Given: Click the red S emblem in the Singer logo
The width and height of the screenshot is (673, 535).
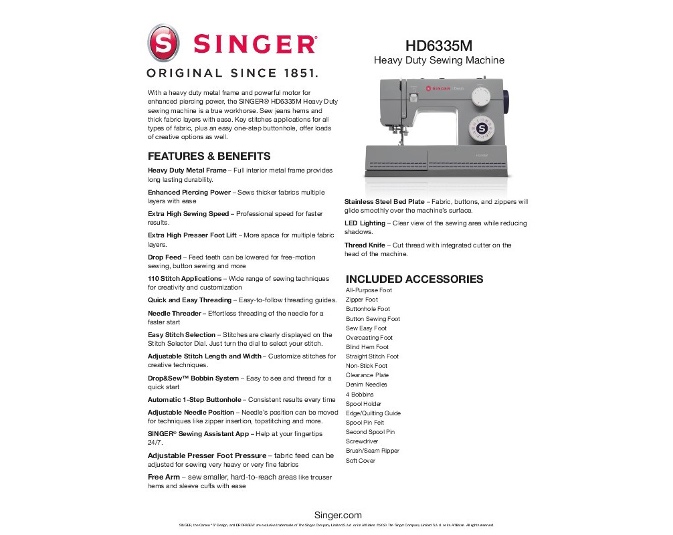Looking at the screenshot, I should pyautogui.click(x=164, y=43).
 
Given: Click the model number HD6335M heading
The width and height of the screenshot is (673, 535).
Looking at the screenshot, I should pyautogui.click(x=438, y=46).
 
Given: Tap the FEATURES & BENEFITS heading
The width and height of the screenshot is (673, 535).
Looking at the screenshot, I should pyautogui.click(x=209, y=156).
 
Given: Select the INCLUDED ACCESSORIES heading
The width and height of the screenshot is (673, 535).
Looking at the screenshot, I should pyautogui.click(x=414, y=279).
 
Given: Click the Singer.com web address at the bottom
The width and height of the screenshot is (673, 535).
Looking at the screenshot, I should pyautogui.click(x=338, y=515).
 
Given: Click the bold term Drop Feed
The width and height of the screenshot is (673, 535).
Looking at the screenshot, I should pyautogui.click(x=165, y=257).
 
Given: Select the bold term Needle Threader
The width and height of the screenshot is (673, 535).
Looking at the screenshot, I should pyautogui.click(x=174, y=313).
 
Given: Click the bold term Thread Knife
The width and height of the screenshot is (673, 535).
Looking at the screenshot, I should pyautogui.click(x=365, y=245).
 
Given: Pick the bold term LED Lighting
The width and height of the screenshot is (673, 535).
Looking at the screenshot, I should pyautogui.click(x=365, y=223).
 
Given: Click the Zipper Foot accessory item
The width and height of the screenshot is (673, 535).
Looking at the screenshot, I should pyautogui.click(x=362, y=300).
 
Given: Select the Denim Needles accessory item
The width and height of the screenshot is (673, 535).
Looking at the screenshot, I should pyautogui.click(x=367, y=385).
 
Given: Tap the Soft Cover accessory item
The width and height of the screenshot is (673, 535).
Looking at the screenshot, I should pyautogui.click(x=361, y=461).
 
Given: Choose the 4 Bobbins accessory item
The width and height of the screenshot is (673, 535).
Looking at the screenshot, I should pyautogui.click(x=360, y=395).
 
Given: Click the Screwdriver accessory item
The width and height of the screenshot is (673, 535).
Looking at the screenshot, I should pyautogui.click(x=362, y=441).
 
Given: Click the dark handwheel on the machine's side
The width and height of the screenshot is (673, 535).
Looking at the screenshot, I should pyautogui.click(x=507, y=101).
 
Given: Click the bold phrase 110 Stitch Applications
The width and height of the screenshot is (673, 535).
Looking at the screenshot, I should pyautogui.click(x=185, y=278).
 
